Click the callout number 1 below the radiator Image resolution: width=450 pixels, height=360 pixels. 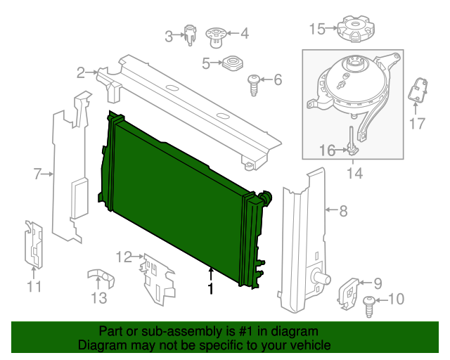click(210, 288)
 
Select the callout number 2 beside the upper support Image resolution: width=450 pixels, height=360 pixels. click(82, 72)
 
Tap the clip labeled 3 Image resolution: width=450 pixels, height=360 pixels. click(191, 34)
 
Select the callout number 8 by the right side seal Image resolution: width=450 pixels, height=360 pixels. click(343, 210)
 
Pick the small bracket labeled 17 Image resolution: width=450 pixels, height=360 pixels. click(419, 91)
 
